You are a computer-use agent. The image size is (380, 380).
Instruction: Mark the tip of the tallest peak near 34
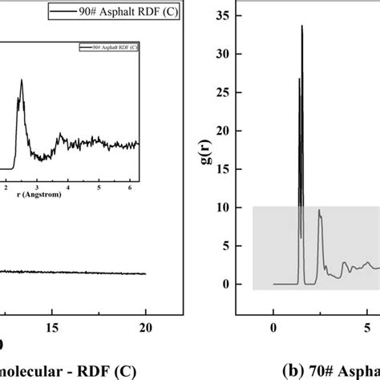tap(302, 26)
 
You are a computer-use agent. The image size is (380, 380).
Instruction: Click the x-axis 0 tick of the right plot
tap(273, 327)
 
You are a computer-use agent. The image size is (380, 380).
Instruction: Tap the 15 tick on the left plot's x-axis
tap(51, 327)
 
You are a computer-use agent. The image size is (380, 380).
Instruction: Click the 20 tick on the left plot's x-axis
tap(146, 327)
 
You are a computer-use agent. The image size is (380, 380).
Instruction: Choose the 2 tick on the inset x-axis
tap(8, 188)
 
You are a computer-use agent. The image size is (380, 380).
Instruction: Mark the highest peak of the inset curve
tap(22, 79)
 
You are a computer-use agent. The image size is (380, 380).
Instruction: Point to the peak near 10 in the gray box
tap(319, 210)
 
